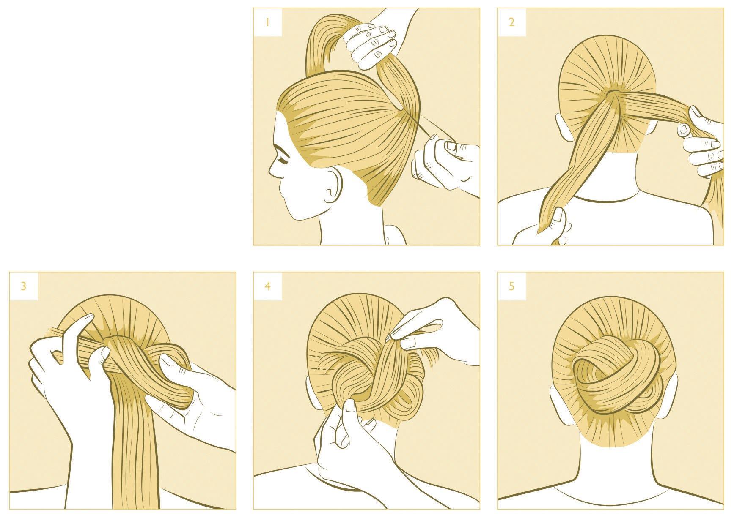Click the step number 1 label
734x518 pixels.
coord(267,22)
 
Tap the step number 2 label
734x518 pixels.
coord(511,22)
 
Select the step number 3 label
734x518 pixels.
coord(24,286)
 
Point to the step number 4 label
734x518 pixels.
coord(267,286)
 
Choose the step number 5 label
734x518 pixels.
coord(511,286)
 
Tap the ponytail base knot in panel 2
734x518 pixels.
coord(615,94)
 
